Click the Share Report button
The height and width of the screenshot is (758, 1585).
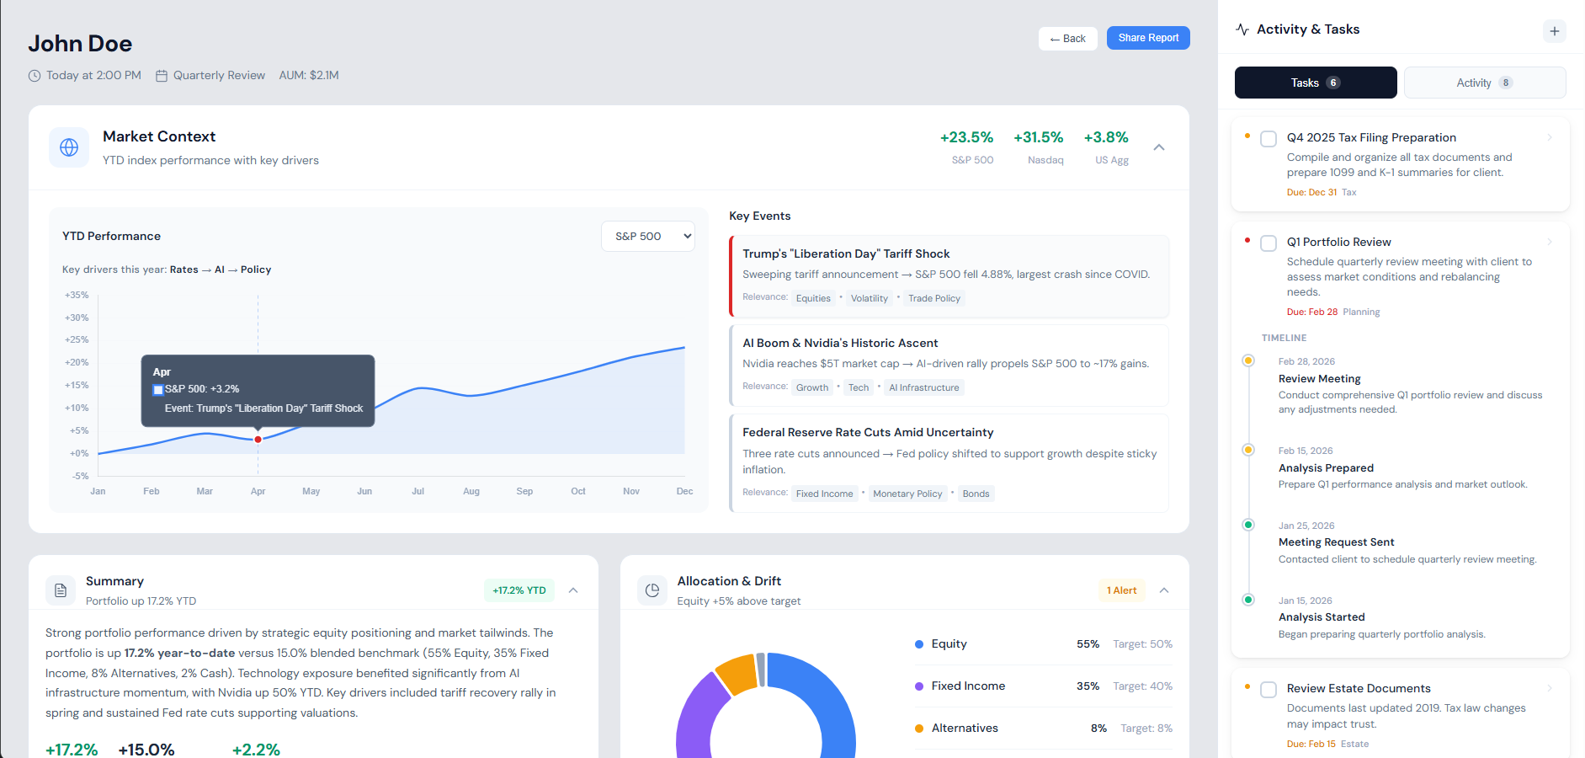tap(1147, 38)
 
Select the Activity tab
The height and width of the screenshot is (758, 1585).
tap(1484, 83)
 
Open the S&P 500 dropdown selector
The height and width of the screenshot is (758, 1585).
tap(647, 237)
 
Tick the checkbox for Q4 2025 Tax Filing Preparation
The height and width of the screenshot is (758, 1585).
tap(1269, 139)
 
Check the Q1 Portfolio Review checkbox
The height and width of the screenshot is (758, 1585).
tap(1269, 243)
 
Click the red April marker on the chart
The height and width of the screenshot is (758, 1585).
tap(258, 439)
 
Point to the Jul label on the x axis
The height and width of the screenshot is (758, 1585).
tap(418, 491)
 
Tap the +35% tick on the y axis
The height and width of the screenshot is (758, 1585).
tap(77, 296)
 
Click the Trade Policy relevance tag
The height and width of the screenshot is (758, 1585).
tap(933, 298)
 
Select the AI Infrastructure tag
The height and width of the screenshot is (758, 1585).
tap(923, 387)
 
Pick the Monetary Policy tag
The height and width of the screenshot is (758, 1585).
tap(907, 494)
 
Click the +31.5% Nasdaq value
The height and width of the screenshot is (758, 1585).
tap(1038, 137)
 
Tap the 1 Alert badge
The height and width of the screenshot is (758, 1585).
tap(1121, 590)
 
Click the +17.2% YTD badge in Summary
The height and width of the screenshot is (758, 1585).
tap(519, 590)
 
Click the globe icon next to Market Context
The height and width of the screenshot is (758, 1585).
tap(69, 147)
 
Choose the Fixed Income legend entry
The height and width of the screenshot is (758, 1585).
tap(967, 686)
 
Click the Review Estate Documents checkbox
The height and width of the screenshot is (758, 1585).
tap(1269, 690)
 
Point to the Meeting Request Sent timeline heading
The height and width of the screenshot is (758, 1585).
tap(1336, 542)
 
